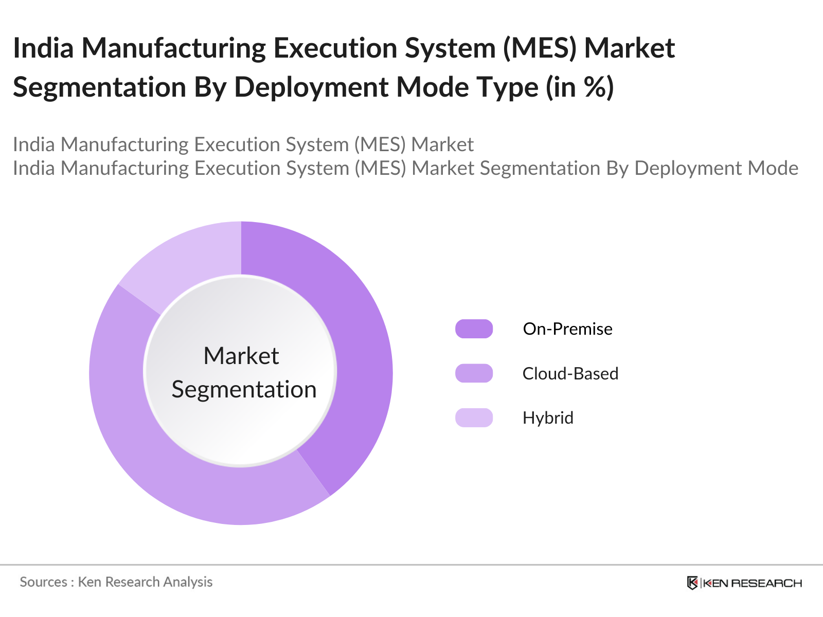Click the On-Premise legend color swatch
(x=474, y=329)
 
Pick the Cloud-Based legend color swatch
(x=474, y=373)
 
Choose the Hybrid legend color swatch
(x=474, y=418)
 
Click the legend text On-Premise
(x=567, y=329)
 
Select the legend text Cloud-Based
(x=570, y=373)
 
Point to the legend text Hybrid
(x=548, y=418)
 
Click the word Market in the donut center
(x=241, y=356)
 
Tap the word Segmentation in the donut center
(x=244, y=389)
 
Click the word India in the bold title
(x=43, y=48)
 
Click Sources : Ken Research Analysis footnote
(x=116, y=582)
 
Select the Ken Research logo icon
(x=692, y=583)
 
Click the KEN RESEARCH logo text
(x=752, y=583)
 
